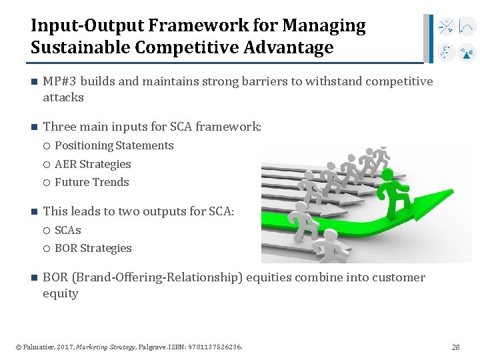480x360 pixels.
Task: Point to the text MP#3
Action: tap(59, 81)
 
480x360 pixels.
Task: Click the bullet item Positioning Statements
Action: tap(114, 145)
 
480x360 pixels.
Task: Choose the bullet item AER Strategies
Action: tap(93, 164)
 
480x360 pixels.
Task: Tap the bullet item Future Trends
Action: tap(92, 182)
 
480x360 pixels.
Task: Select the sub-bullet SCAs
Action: tap(68, 230)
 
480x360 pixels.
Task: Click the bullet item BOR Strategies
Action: tap(93, 248)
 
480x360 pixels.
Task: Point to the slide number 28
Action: tap(456, 347)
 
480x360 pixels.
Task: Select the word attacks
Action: tap(63, 97)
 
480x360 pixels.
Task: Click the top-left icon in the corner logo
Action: tap(446, 27)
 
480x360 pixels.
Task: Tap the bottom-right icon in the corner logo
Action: tap(467, 52)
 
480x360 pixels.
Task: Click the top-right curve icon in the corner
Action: tap(467, 27)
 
